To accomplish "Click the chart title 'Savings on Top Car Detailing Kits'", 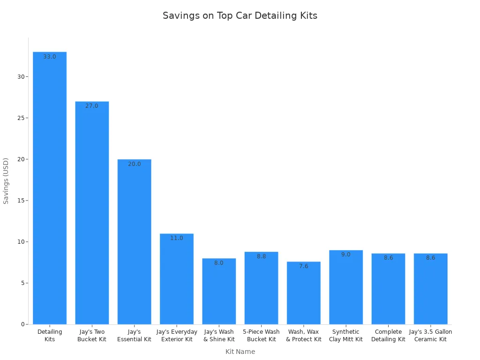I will point(240,15).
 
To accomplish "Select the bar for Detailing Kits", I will point(50,187).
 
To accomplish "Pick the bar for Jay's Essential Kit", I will point(135,241).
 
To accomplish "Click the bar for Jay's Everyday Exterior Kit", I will point(177,278).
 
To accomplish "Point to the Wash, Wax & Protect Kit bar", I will point(304,292).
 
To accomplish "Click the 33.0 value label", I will point(50,57).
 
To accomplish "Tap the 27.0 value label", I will point(92,106).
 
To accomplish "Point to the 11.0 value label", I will point(177,238).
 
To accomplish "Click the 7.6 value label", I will point(304,266).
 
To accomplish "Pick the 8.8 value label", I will point(262,256).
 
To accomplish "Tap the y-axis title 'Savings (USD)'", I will point(6,180).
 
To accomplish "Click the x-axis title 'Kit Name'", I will point(240,352).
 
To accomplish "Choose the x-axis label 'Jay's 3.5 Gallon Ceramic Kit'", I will point(430,336).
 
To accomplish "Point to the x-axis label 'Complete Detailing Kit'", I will point(388,336).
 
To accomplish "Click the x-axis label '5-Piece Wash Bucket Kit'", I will point(262,336).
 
